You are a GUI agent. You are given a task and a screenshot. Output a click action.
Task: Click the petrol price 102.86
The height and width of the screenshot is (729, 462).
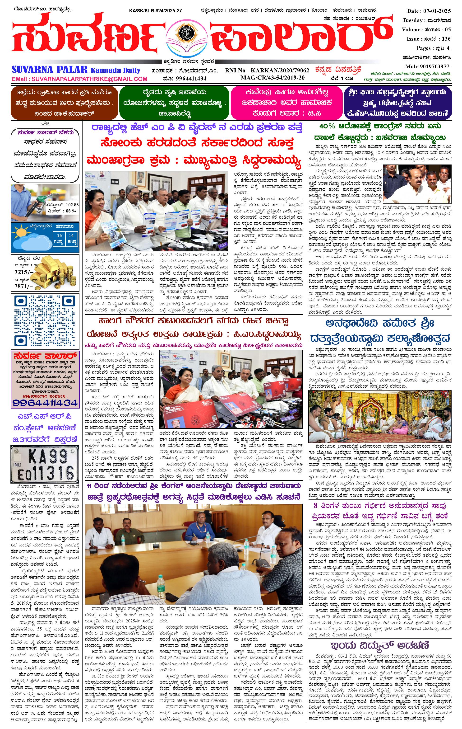coord(70,205)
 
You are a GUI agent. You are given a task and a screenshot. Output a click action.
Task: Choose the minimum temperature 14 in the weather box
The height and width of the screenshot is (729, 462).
coord(71,235)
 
